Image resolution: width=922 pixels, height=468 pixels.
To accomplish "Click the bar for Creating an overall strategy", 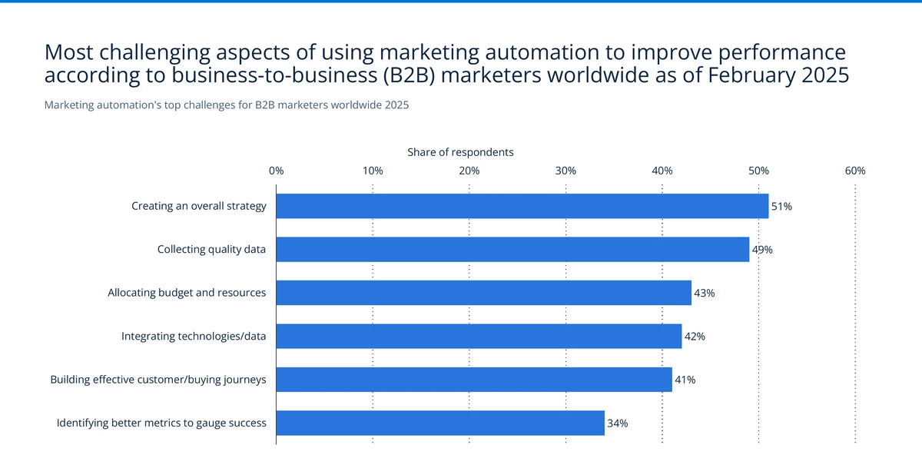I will (522, 206).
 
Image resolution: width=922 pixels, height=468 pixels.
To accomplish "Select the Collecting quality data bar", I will (512, 250).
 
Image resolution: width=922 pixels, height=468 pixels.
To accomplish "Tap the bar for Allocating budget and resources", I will (484, 293).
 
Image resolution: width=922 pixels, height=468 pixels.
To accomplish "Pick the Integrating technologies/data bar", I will (479, 337).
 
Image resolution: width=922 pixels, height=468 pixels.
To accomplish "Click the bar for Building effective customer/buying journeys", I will (474, 380).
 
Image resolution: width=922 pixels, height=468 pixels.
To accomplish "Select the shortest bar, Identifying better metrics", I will (440, 423).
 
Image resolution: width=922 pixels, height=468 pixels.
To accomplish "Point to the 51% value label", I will (781, 207).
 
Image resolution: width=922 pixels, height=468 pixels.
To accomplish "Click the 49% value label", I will (762, 250).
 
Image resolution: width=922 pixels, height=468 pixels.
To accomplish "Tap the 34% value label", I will (618, 423).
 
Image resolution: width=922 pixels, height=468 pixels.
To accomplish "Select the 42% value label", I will (695, 337).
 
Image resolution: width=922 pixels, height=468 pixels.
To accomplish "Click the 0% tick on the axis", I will (277, 171).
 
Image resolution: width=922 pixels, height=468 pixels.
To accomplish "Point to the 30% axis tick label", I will (565, 171).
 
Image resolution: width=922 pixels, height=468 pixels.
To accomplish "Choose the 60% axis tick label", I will (855, 171).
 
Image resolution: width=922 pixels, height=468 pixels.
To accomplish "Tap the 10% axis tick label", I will (373, 171).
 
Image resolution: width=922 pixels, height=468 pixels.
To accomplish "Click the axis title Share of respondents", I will (460, 152).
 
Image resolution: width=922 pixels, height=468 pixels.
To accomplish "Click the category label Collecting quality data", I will (211, 250).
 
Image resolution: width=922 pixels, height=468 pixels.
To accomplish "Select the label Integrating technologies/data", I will (194, 337).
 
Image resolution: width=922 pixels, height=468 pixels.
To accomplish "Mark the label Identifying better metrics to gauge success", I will (161, 423).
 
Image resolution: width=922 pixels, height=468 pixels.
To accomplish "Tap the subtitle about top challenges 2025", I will (227, 105).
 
